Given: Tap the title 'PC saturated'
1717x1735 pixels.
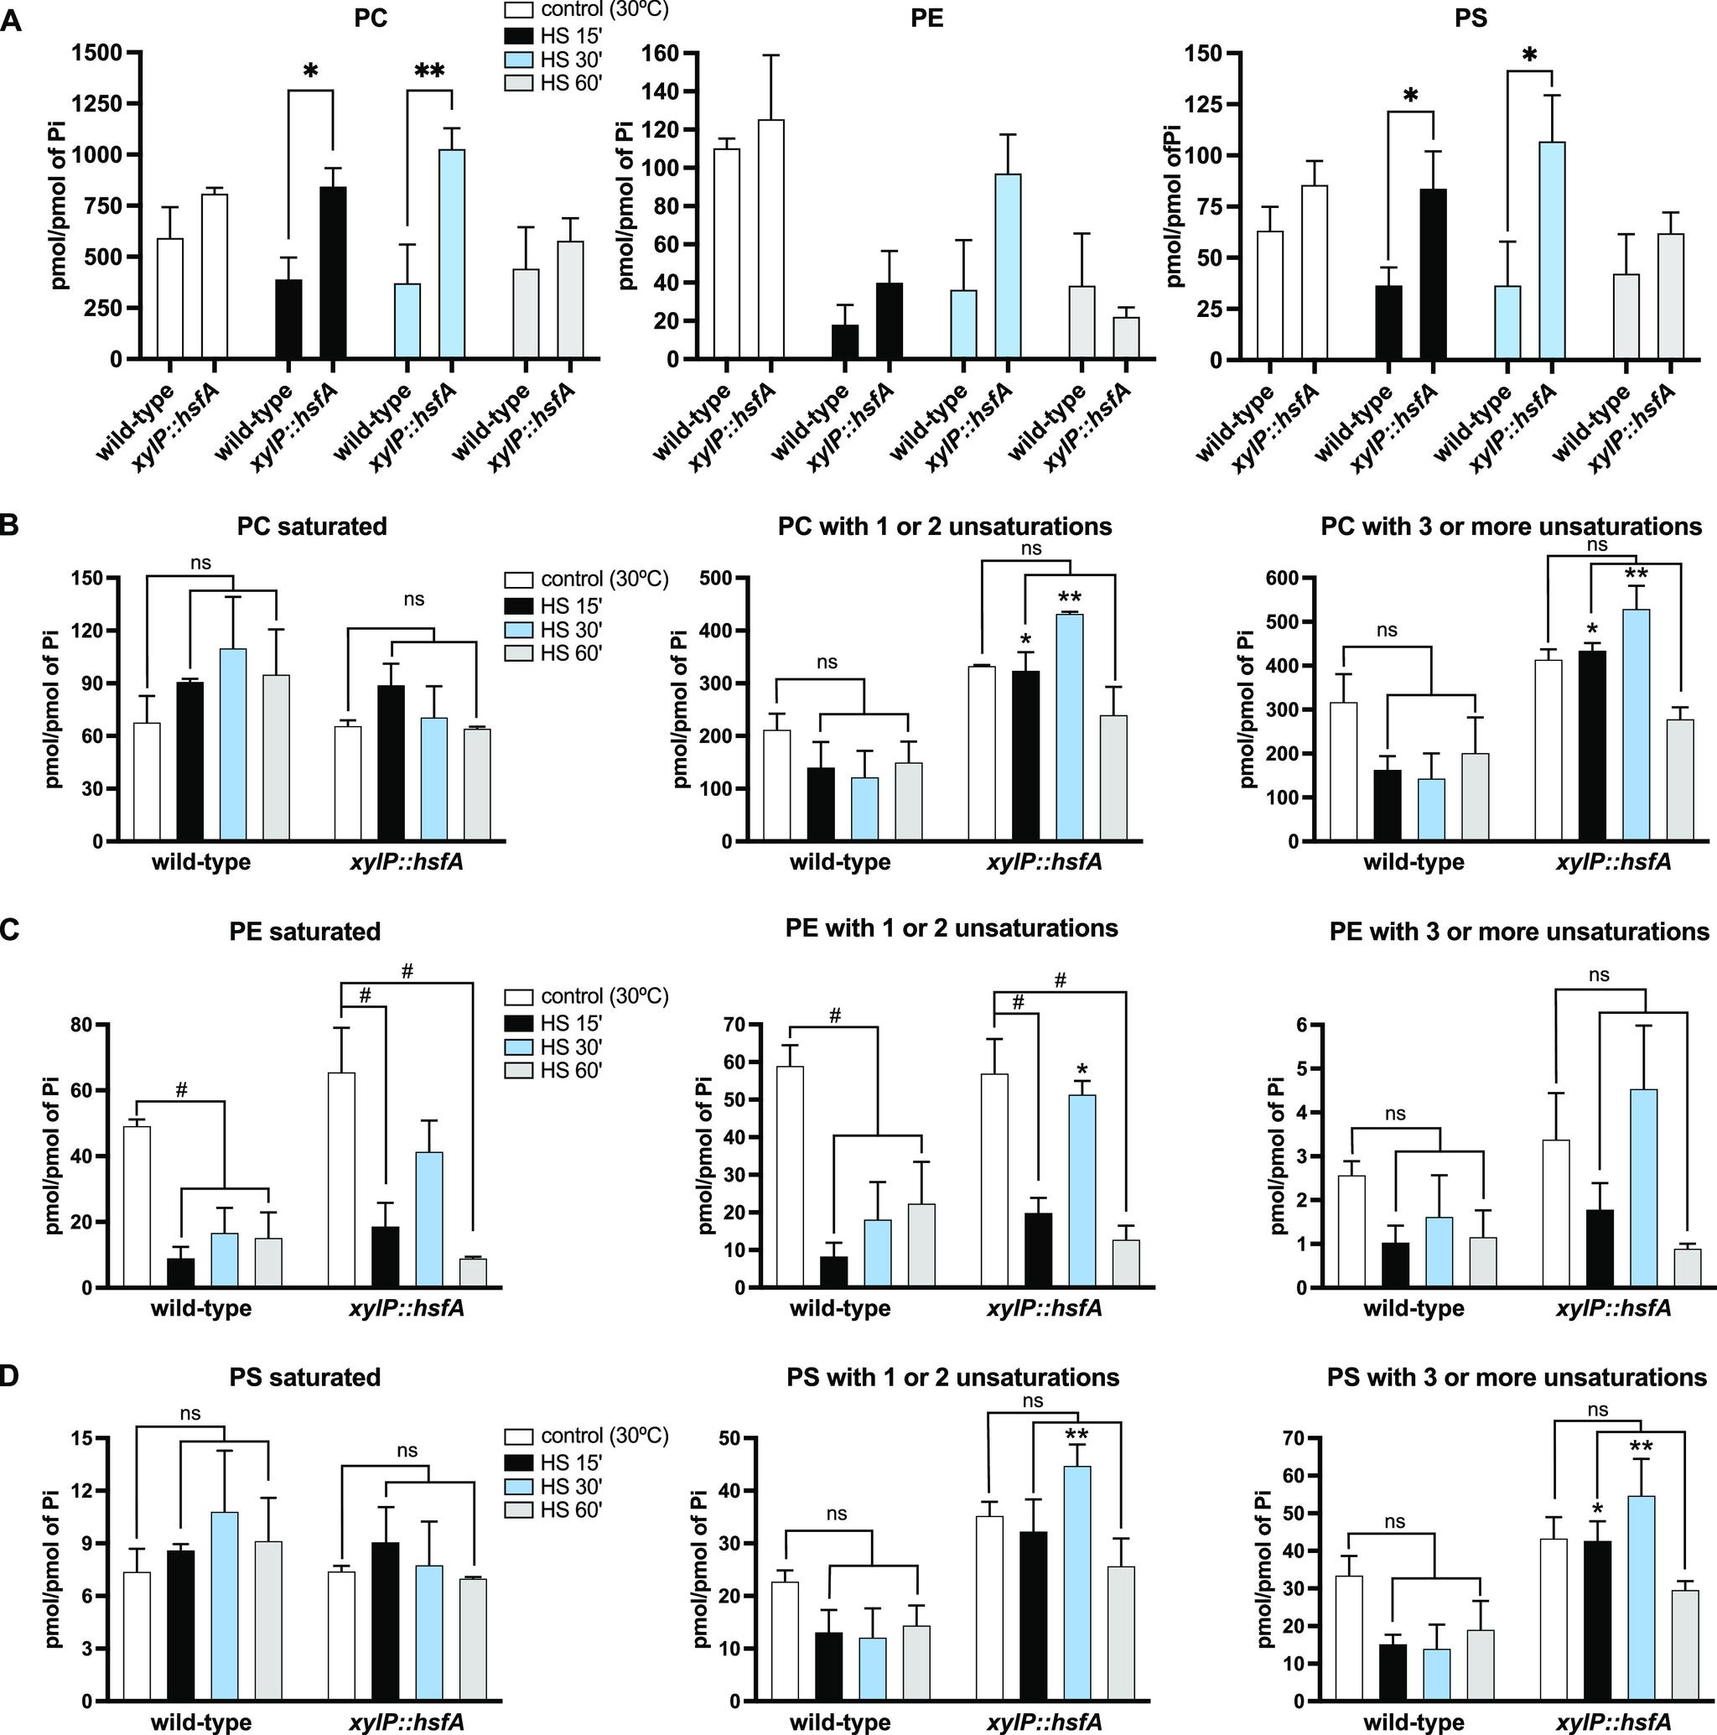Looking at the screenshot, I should (312, 527).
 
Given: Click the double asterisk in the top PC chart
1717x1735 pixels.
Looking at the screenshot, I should (429, 72).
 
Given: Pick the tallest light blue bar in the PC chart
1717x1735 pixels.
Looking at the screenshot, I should (452, 254).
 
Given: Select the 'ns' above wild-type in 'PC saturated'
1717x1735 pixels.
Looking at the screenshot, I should (201, 563).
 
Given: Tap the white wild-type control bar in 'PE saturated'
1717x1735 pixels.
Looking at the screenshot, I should (137, 1207).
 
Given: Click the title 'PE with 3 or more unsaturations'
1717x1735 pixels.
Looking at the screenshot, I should (1518, 932).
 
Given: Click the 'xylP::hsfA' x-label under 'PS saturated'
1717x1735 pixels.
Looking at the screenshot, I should (406, 1722).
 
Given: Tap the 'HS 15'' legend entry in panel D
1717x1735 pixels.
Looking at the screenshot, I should (568, 1461).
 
